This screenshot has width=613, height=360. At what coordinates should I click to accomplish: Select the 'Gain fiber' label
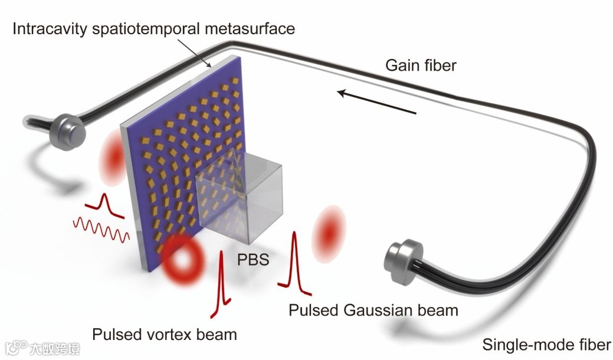(421, 65)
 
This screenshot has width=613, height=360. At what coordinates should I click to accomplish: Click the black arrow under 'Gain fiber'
(378, 100)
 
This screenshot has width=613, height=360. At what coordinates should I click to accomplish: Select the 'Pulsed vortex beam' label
(164, 335)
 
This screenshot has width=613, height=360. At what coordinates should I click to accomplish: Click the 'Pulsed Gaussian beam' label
(373, 309)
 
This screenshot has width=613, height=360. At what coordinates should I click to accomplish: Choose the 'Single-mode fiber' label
(546, 345)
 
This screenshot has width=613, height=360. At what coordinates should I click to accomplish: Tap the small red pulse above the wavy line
(105, 204)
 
